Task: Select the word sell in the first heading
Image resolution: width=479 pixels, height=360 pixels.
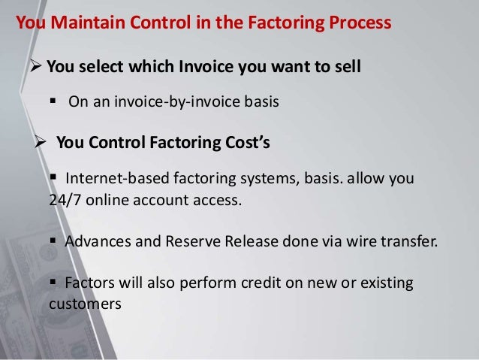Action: click(348, 68)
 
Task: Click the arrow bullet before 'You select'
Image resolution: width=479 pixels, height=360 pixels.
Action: click(35, 68)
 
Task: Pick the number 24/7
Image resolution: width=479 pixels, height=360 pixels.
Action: click(65, 200)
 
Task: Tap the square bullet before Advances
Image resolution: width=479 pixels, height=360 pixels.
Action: click(54, 242)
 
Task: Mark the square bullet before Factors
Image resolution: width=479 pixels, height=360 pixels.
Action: click(54, 284)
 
